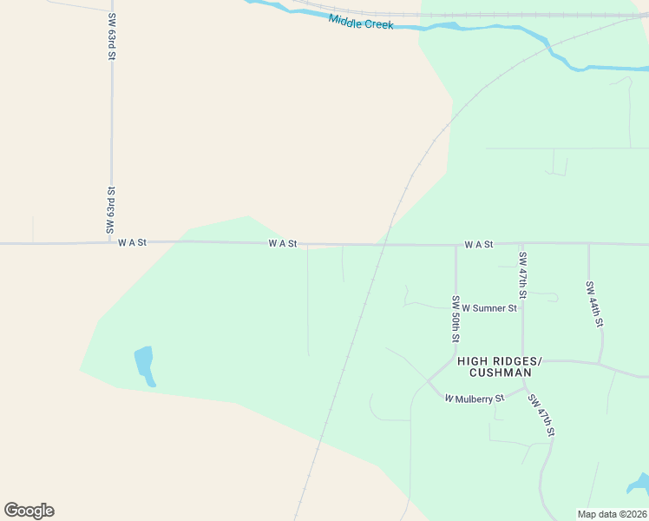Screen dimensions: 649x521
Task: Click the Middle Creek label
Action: point(361,22)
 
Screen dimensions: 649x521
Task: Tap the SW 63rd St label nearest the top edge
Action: point(112,36)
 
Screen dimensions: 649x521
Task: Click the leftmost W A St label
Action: point(133,244)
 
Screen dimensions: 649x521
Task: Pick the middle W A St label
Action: point(283,245)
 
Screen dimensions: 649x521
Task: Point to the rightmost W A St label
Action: point(478,245)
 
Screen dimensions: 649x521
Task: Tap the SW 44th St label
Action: point(594,304)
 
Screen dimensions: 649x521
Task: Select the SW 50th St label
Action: point(456,319)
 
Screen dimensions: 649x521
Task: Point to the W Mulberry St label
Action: point(475,399)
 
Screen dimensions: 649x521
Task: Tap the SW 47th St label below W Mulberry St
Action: point(541,416)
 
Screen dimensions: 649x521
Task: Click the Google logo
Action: point(29,511)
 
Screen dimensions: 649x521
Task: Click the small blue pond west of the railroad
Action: point(144,362)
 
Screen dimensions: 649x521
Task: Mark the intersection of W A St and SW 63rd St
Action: point(111,243)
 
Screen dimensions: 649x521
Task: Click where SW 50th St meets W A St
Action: point(456,245)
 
